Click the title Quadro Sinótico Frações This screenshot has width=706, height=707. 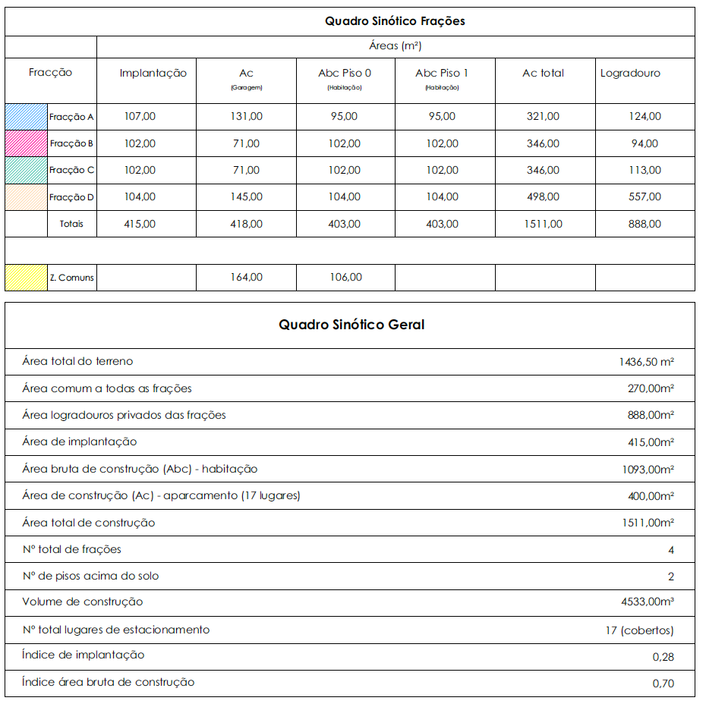coord(395,21)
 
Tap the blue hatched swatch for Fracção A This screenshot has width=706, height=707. coord(26,117)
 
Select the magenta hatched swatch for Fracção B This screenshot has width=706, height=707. coord(26,143)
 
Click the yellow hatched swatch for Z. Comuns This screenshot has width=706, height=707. coord(26,278)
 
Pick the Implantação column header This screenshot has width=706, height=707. coord(153,74)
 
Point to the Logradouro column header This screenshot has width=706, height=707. coord(630,74)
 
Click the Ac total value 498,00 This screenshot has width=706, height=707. coord(543,197)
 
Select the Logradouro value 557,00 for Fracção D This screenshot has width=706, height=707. coord(645,197)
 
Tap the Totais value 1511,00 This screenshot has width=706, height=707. coord(543,224)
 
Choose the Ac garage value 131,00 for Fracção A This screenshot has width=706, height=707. coord(246,117)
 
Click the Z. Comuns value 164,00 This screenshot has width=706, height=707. coord(246,278)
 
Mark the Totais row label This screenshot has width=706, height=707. coord(72,224)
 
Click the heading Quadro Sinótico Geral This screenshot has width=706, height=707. coord(351,325)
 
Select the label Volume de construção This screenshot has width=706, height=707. coord(83,602)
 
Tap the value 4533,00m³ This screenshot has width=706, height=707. coord(648,603)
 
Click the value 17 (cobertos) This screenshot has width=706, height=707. coord(639,630)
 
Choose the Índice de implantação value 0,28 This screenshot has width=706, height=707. coord(663,657)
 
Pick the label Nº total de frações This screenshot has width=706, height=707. coord(72,549)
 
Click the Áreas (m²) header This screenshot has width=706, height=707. coord(395,46)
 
